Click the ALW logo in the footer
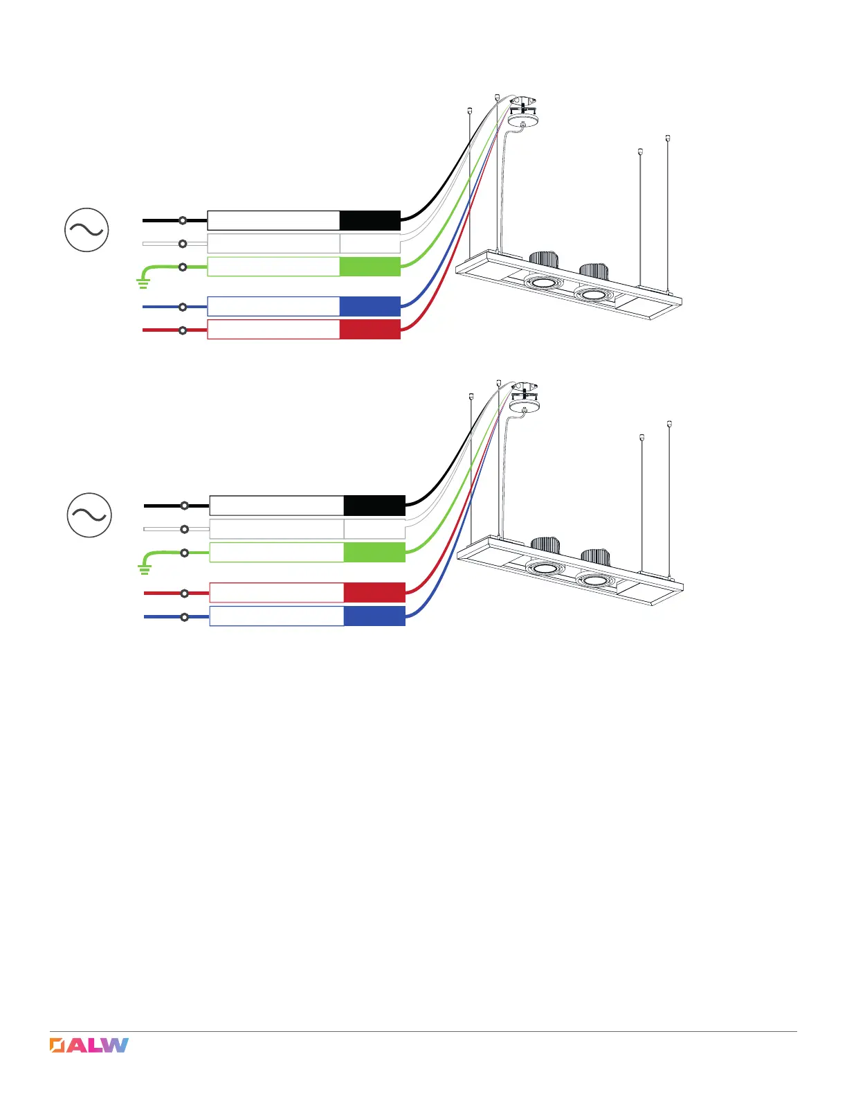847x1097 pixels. (x=89, y=1045)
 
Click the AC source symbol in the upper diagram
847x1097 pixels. (x=86, y=229)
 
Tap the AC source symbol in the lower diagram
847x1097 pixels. (x=89, y=515)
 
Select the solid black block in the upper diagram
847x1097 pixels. (x=370, y=220)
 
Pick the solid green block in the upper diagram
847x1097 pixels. (x=370, y=267)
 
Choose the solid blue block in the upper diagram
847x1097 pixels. (x=370, y=306)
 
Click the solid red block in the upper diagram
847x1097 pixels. (x=370, y=330)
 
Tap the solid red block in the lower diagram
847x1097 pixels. (x=374, y=593)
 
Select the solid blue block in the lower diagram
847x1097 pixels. (x=374, y=616)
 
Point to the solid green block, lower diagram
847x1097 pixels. (x=374, y=552)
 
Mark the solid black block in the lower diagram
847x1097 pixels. (x=374, y=506)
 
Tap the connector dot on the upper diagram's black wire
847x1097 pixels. (x=183, y=220)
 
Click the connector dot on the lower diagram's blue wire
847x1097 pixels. (x=185, y=616)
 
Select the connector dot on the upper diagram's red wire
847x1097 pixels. (x=183, y=330)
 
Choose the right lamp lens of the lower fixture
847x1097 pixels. (x=595, y=580)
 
